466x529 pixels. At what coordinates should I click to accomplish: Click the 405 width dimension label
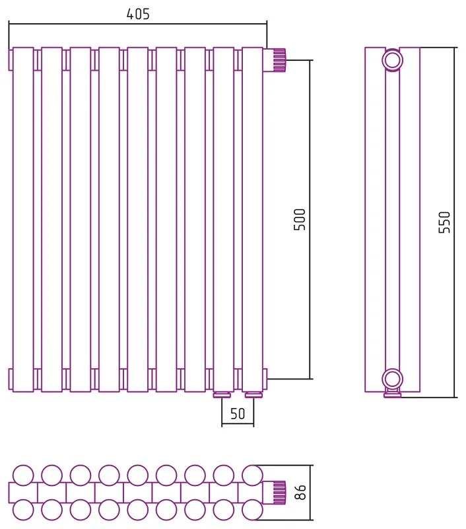pos(138,14)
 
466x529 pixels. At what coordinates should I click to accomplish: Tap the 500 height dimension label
pos(299,220)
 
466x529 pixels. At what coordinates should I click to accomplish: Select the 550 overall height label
pos(444,222)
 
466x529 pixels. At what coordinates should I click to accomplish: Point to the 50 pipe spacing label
pos(238,413)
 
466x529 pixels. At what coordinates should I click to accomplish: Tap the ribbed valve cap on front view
pos(279,60)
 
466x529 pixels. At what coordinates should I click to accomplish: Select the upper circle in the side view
pos(393,60)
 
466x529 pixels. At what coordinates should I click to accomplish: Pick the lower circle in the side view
pos(393,378)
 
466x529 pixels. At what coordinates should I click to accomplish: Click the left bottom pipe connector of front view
pos(222,395)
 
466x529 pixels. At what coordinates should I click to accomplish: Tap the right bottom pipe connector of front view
pos(254,395)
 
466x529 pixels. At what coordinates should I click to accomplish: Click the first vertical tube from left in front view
pos(23,220)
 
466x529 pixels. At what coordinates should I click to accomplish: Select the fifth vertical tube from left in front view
pos(138,220)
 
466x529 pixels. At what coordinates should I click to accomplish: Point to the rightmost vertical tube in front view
pos(252,220)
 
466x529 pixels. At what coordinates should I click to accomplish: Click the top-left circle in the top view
pos(23,475)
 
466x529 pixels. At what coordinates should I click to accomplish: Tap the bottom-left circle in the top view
pos(23,510)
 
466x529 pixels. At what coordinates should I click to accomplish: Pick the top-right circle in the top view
pos(252,475)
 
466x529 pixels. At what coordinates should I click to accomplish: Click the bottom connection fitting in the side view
pos(393,393)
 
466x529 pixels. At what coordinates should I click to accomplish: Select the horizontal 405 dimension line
pos(138,24)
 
